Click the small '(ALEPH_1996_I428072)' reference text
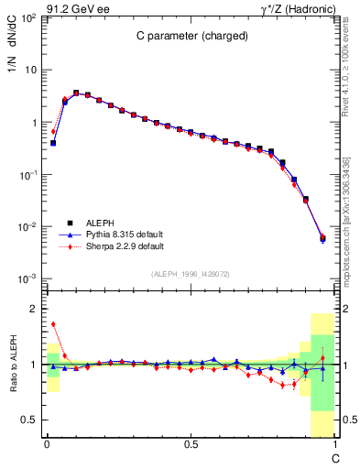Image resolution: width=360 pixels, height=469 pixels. pyautogui.click(x=191, y=274)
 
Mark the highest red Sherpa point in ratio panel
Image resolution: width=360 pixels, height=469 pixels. pyautogui.click(x=53, y=323)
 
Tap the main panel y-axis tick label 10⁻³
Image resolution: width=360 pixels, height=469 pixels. pyautogui.click(x=27, y=278)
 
